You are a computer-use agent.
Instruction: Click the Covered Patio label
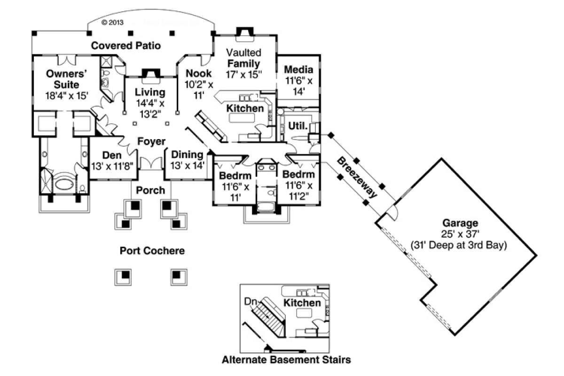click(126, 46)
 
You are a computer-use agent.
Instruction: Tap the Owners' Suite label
click(63, 78)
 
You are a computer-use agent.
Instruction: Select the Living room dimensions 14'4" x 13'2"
click(150, 108)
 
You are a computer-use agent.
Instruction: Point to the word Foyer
click(151, 141)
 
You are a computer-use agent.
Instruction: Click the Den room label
click(112, 155)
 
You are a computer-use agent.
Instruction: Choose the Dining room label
click(187, 155)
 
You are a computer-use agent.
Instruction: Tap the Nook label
click(198, 73)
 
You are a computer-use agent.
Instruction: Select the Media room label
click(299, 70)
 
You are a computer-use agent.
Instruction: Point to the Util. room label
click(298, 126)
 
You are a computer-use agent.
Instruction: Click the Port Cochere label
click(152, 251)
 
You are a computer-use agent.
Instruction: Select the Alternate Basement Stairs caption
click(287, 360)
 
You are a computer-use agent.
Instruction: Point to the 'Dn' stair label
click(250, 302)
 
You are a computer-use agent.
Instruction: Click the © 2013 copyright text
click(113, 22)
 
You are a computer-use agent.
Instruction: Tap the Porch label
click(150, 190)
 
